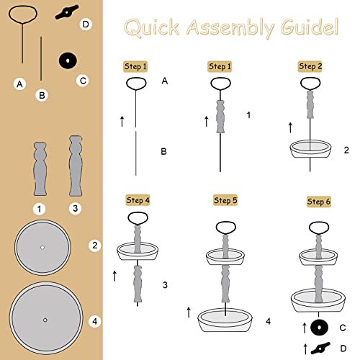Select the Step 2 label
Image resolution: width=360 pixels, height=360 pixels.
310,66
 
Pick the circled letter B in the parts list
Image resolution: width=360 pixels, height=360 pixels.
41,94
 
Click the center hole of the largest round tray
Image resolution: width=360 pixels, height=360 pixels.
45,319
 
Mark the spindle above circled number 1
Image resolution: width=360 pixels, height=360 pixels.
40,169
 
